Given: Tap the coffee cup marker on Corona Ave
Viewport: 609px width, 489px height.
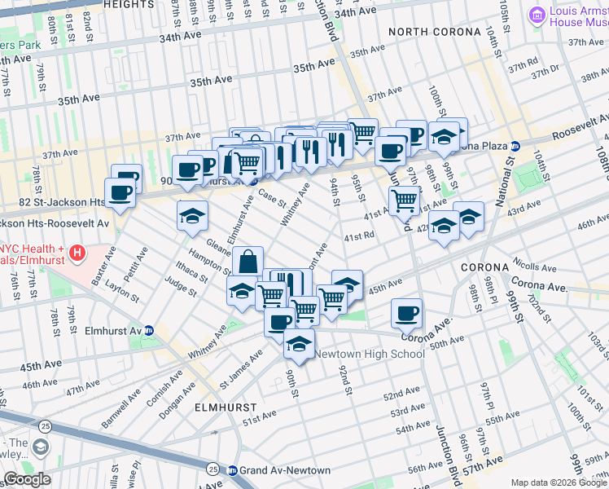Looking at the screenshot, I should pyautogui.click(x=406, y=313).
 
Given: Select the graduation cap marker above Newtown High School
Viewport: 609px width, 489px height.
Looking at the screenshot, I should pyautogui.click(x=299, y=344).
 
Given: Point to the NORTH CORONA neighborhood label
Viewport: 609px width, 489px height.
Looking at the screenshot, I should pyautogui.click(x=434, y=32).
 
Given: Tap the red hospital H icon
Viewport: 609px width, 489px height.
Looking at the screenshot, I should pyautogui.click(x=77, y=253).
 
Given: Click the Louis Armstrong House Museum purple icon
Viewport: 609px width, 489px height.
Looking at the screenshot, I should pyautogui.click(x=537, y=15).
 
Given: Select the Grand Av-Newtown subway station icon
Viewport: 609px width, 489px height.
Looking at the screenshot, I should pyautogui.click(x=232, y=470).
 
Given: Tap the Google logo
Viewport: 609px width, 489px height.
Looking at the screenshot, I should pyautogui.click(x=27, y=479).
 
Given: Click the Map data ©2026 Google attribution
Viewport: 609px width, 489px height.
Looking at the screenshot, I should pyautogui.click(x=558, y=482).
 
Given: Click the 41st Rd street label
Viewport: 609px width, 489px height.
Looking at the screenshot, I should pyautogui.click(x=358, y=237).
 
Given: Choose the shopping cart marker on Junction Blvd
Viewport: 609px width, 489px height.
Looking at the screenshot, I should pyautogui.click(x=404, y=200).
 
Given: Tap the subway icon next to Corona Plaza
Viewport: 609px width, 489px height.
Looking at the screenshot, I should pyautogui.click(x=515, y=147).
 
